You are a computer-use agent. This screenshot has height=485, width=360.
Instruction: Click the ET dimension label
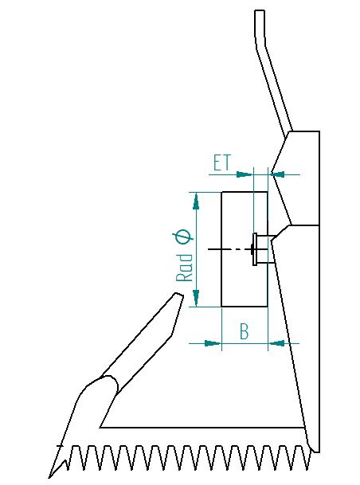click(x=222, y=162)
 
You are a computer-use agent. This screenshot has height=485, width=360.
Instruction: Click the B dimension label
click(x=245, y=331)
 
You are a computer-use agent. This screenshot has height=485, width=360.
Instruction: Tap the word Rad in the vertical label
click(x=184, y=268)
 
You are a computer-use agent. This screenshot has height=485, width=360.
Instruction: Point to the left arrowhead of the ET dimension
click(x=245, y=174)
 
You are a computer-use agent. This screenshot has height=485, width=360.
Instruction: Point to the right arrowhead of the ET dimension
click(x=277, y=174)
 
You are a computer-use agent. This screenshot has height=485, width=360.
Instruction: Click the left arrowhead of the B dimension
click(x=213, y=343)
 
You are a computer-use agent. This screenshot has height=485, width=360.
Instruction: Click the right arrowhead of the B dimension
click(x=276, y=343)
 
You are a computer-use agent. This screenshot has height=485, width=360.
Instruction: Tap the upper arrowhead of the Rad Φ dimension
click(x=196, y=201)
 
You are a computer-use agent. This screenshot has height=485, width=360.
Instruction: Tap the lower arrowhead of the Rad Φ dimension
click(x=196, y=298)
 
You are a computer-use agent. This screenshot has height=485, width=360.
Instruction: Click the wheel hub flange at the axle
click(x=255, y=249)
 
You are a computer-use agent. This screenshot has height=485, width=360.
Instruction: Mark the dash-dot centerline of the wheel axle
click(x=230, y=249)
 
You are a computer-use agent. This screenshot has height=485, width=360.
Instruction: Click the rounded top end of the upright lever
click(x=260, y=11)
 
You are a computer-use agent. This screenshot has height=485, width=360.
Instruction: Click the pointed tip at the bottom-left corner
click(x=50, y=477)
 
